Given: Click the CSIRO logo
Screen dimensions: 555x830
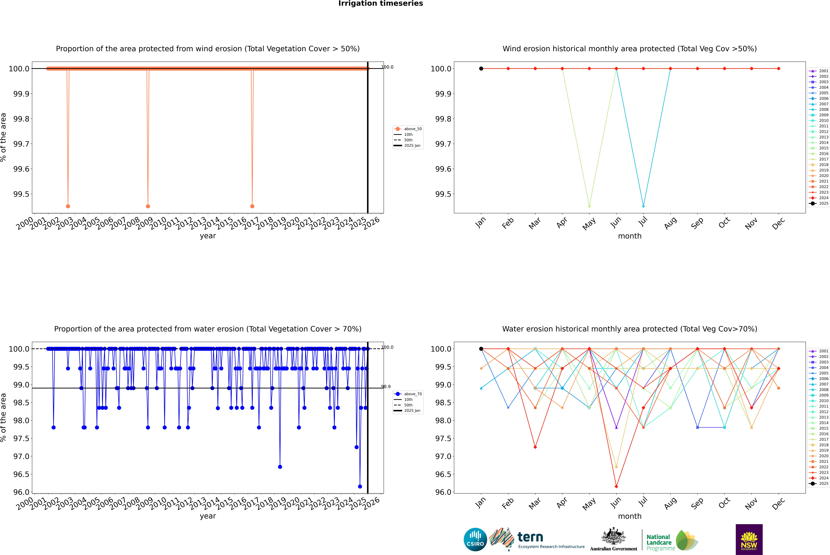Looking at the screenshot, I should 475,539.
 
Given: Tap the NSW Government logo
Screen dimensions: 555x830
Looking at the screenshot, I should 749,539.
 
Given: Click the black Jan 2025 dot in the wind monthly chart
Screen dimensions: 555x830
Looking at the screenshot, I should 481,69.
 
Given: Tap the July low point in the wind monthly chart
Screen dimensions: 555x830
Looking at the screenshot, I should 643,206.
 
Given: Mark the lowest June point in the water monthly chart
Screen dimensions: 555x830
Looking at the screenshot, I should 616,486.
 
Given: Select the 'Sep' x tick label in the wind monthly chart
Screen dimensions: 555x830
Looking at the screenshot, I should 697,223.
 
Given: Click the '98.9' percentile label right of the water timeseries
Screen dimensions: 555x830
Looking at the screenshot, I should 386,387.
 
